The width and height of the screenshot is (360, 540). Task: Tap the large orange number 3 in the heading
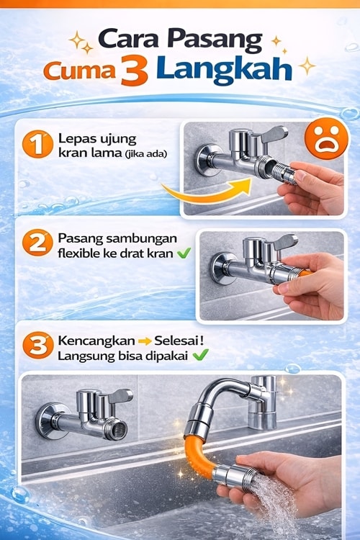click(135, 71)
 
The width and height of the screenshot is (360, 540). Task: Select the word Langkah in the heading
click(224, 69)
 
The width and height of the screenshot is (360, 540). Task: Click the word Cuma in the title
click(79, 71)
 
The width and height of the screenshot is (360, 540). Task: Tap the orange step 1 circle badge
click(37, 144)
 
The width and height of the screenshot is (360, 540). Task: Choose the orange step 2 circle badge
click(37, 243)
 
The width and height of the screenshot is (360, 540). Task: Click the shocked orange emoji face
click(326, 138)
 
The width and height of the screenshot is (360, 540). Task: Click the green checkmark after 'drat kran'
click(184, 253)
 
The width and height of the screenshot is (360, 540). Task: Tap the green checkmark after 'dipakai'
click(200, 355)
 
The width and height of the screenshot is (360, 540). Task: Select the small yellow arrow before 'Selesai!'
click(145, 341)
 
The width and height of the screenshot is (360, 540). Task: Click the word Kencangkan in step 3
click(96, 341)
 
